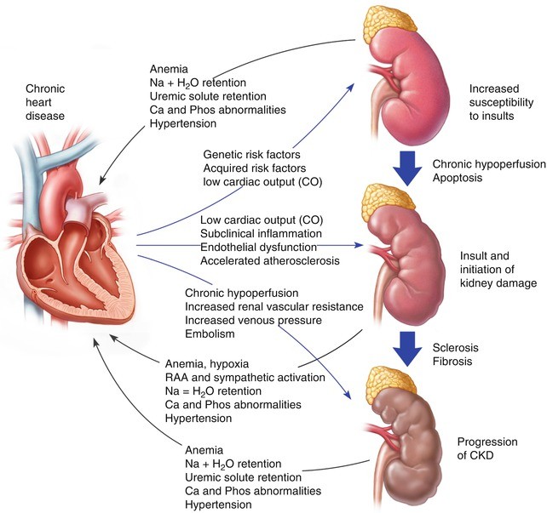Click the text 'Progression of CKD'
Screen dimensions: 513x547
click(x=487, y=449)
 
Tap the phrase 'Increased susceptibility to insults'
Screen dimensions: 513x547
click(x=504, y=101)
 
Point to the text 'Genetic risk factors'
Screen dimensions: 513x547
click(x=252, y=154)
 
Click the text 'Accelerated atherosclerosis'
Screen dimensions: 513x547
click(x=270, y=260)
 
